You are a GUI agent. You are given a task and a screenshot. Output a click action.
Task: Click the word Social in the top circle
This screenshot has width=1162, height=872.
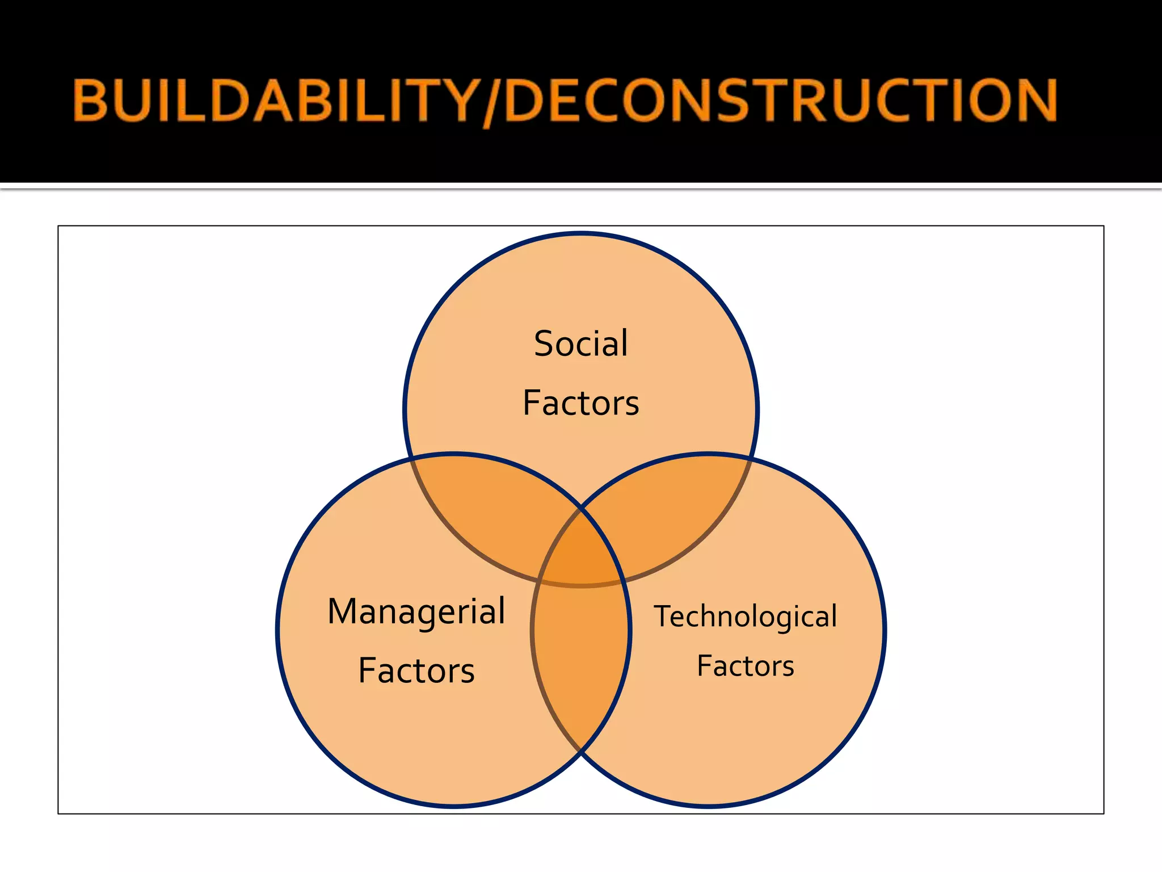coord(580,344)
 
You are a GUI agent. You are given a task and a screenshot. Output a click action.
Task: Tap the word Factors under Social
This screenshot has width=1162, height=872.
coord(580,403)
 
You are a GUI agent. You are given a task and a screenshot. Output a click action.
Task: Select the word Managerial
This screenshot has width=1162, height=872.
coord(416,612)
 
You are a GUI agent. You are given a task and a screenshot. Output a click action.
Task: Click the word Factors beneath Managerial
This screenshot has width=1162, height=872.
coord(416,671)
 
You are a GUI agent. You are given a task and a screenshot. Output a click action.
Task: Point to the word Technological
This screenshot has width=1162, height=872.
coord(745,617)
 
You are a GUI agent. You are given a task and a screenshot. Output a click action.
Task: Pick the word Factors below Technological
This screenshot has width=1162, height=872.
coord(745,666)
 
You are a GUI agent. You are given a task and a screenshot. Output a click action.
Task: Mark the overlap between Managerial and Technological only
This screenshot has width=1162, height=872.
coord(581,653)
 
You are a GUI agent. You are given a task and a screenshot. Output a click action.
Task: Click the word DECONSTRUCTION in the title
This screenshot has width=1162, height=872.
coord(780,100)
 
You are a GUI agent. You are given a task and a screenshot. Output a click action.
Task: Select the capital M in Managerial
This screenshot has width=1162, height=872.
coord(345,612)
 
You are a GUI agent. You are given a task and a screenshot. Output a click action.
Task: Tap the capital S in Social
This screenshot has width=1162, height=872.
coord(544,344)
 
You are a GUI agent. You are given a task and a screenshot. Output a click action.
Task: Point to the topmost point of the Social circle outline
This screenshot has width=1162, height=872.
coord(581,233)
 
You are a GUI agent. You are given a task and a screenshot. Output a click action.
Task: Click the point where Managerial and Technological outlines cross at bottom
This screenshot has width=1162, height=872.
coord(581,752)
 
